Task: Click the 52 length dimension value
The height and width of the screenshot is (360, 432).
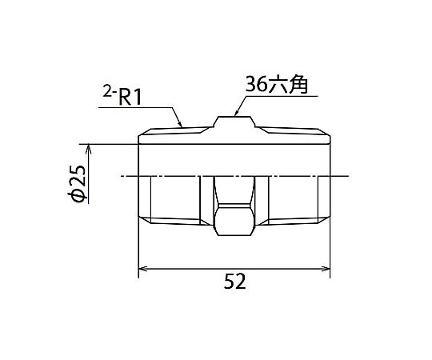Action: [234, 282]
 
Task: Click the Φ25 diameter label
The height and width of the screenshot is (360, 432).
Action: [77, 184]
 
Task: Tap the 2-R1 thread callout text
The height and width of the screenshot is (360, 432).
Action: [122, 98]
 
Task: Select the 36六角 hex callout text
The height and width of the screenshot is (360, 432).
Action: [276, 85]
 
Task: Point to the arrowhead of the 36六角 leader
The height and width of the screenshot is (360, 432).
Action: [236, 113]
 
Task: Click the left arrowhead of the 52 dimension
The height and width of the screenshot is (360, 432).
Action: [142, 269]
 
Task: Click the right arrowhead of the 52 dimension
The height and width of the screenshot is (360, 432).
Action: [326, 269]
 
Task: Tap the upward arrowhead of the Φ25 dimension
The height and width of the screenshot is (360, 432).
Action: [89, 149]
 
